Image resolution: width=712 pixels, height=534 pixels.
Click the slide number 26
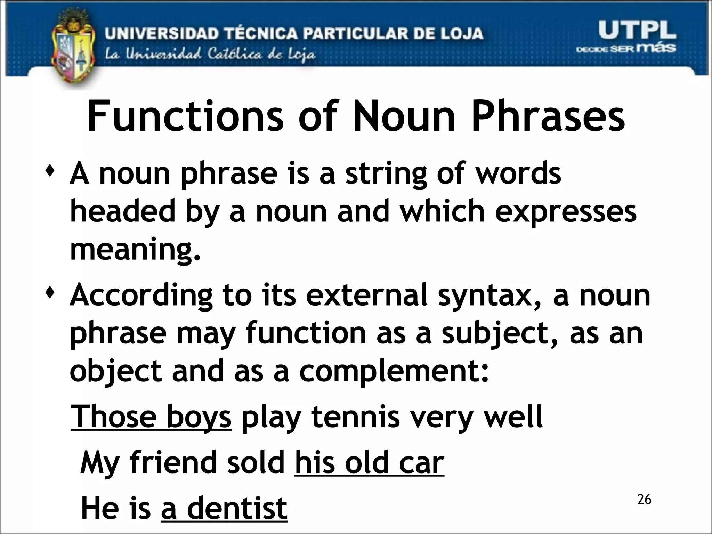tap(644, 500)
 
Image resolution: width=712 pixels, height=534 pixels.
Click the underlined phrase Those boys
tap(151, 416)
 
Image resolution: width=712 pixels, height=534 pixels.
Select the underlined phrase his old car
tap(369, 462)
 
